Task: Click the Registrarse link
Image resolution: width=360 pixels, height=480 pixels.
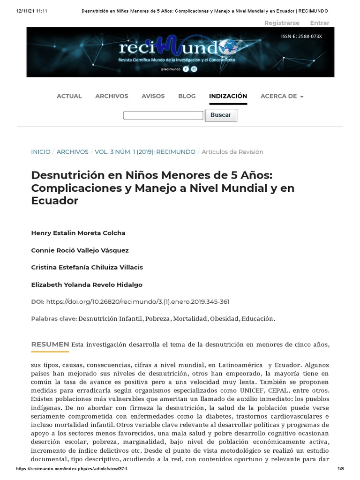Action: tap(282, 23)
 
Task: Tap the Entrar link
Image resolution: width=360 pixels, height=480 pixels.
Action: tap(320, 23)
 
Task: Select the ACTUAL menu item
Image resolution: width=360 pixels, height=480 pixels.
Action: tap(69, 96)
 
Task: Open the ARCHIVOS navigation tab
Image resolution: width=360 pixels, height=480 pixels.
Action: tap(112, 96)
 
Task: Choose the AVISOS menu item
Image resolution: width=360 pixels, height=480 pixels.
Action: tap(153, 96)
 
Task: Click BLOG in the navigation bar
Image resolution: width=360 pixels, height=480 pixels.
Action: tap(187, 96)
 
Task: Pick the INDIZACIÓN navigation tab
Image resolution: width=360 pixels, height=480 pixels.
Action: tap(228, 96)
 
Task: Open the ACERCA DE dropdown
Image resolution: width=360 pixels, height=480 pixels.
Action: tap(282, 96)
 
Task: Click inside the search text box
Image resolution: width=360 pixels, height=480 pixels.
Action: tap(163, 115)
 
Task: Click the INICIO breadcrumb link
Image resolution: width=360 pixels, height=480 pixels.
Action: tap(41, 152)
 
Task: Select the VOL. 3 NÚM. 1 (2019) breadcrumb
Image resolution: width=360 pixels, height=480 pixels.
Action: tap(145, 152)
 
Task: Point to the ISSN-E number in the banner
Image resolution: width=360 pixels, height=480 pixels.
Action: tap(301, 36)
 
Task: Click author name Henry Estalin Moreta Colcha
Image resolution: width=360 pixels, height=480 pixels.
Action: tap(78, 233)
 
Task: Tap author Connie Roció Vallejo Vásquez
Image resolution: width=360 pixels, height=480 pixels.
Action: tap(80, 250)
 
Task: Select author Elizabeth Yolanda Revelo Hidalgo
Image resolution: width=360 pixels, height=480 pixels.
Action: tap(87, 285)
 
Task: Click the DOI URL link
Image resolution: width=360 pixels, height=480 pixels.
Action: tap(138, 302)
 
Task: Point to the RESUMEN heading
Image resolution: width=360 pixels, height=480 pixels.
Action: tap(50, 345)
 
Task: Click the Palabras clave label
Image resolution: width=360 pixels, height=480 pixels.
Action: tap(54, 319)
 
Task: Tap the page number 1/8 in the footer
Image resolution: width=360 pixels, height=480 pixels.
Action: tap(341, 469)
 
